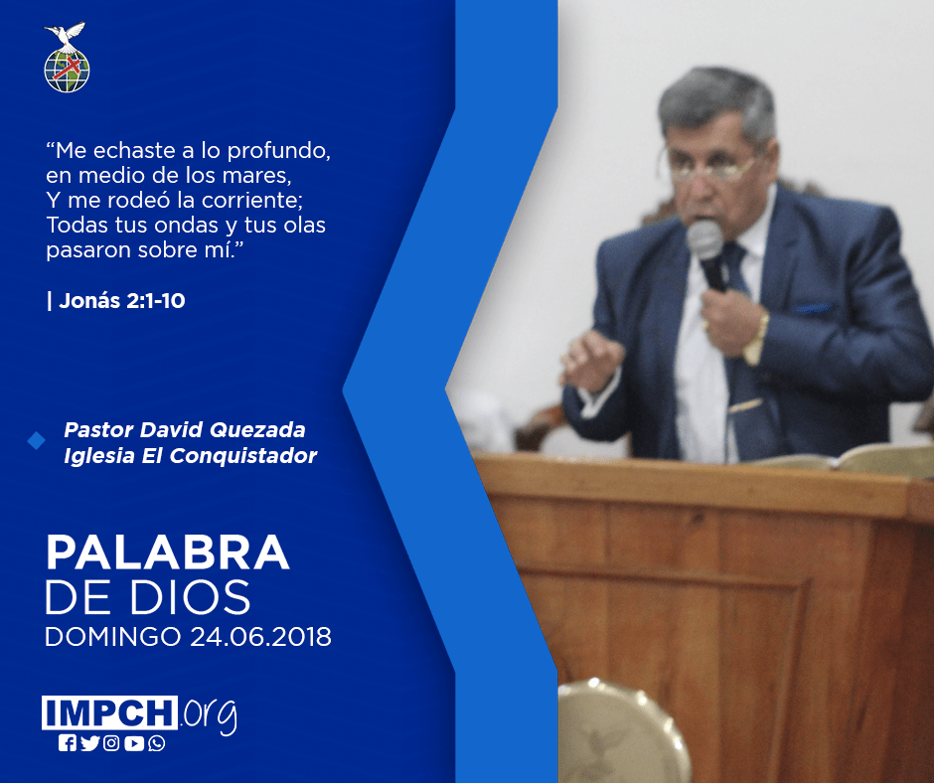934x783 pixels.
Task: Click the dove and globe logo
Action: click(67, 58)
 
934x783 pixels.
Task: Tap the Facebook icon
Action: click(67, 743)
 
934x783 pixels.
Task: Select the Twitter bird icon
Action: click(89, 743)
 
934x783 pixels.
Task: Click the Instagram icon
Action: click(111, 743)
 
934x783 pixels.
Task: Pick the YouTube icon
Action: click(134, 743)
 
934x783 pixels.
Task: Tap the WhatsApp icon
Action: click(157, 743)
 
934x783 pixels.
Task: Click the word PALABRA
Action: click(167, 553)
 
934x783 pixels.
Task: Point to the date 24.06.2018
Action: click(261, 636)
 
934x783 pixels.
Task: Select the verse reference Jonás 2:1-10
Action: click(122, 301)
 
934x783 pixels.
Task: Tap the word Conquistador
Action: click(243, 456)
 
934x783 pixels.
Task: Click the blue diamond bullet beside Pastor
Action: click(37, 441)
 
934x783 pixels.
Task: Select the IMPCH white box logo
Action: click(109, 712)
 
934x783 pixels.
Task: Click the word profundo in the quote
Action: click(279, 151)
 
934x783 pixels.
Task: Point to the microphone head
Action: click(704, 239)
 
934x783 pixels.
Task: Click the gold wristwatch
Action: click(758, 338)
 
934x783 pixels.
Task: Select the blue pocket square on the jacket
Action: click(813, 308)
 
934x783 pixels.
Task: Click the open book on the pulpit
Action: click(846, 458)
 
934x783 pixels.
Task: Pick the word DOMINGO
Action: click(113, 636)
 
